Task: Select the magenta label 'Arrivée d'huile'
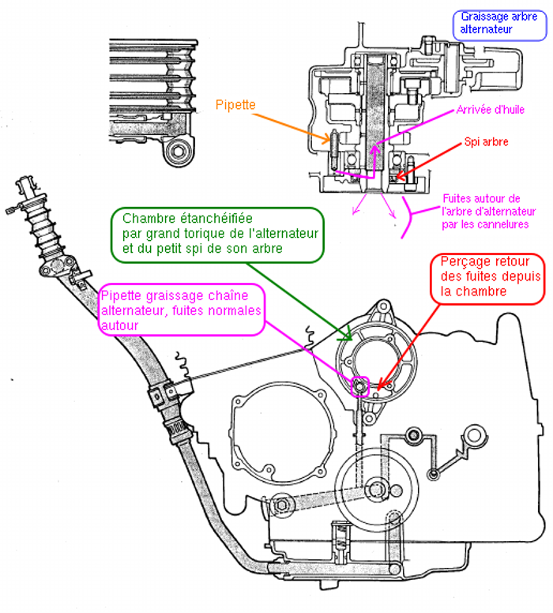[x=491, y=109]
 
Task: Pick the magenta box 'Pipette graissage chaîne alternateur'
[x=180, y=308]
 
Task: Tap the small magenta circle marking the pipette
[x=359, y=385]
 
